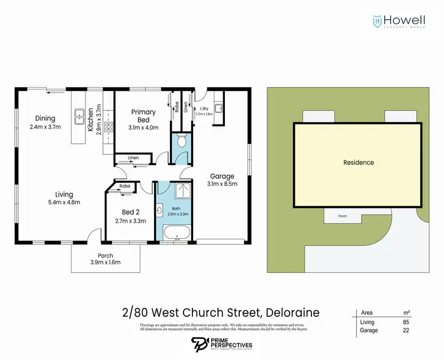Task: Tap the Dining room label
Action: point(45,118)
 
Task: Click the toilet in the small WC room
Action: point(182,140)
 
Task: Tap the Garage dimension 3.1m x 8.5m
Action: point(223,185)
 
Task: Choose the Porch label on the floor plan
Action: point(106,256)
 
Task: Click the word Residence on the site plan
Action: point(359,162)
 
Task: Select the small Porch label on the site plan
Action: point(342,216)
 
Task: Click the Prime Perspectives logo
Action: point(222,344)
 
